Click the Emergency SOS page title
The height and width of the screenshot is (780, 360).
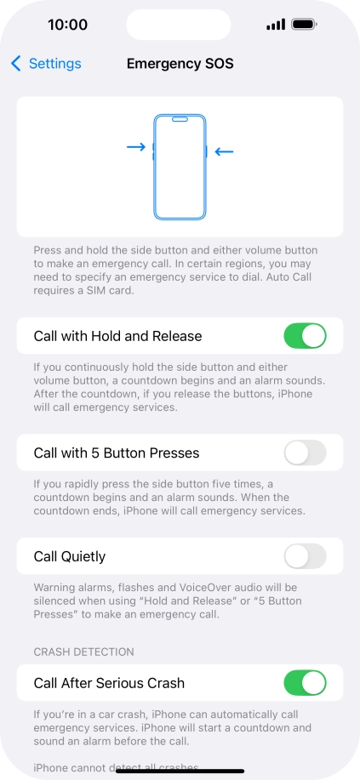click(x=180, y=64)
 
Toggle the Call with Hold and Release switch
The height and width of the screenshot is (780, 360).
click(x=305, y=336)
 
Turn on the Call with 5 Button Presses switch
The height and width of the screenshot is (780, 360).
click(x=305, y=453)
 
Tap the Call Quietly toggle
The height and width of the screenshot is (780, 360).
click(x=305, y=556)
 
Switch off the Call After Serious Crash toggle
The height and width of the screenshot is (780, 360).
click(x=305, y=683)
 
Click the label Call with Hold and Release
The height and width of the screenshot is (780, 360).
click(x=117, y=336)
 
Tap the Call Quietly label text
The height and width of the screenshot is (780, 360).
click(x=70, y=556)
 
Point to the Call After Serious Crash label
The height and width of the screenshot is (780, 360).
click(x=109, y=683)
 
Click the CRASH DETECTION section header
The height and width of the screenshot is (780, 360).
click(x=84, y=652)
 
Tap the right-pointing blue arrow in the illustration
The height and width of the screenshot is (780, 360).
click(x=136, y=147)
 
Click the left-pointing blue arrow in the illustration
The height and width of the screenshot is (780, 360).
click(x=224, y=152)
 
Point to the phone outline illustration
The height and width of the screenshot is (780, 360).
click(x=180, y=167)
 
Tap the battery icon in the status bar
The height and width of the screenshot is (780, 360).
click(x=304, y=25)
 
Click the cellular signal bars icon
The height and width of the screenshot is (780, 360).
click(x=275, y=25)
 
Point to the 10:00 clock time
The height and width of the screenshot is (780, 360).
click(x=67, y=25)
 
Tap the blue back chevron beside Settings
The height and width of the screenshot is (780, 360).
click(x=16, y=64)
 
